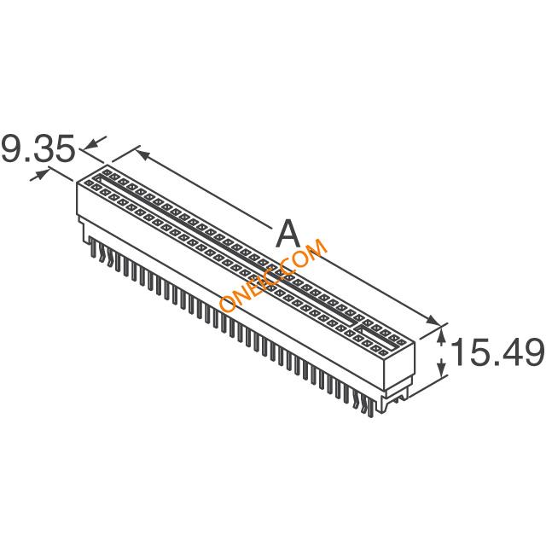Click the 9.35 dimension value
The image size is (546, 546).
pos(38,148)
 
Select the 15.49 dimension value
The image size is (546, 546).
pos(497,351)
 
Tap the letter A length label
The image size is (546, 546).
pos(288,233)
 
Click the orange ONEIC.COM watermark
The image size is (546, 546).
pos(273,276)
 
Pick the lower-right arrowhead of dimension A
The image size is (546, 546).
pos(431,321)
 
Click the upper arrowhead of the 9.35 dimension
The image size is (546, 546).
pos(92,143)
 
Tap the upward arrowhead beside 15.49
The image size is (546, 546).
pos(441,336)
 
